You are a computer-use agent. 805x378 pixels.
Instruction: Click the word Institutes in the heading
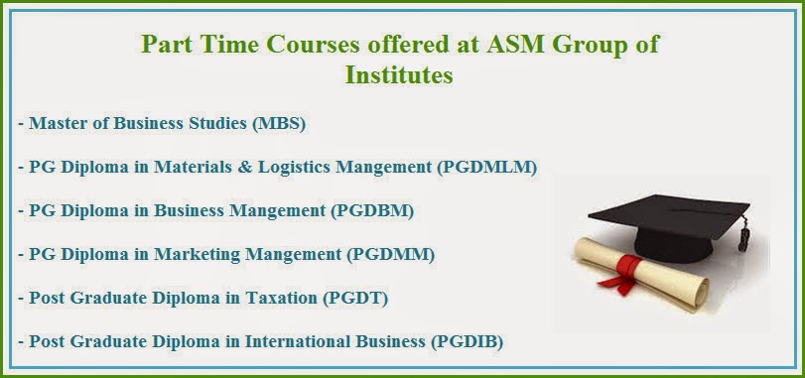399,74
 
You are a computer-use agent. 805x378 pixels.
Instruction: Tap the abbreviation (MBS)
279,124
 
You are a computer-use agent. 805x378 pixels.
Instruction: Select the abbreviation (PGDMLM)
487,168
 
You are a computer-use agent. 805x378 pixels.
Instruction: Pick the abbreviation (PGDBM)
373,210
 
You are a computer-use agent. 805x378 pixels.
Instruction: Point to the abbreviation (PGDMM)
391,254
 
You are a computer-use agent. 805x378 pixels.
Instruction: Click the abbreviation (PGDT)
355,298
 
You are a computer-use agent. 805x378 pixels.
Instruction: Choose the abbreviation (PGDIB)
467,341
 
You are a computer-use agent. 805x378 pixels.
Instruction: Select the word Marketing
198,254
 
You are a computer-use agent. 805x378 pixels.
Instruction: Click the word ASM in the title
515,44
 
